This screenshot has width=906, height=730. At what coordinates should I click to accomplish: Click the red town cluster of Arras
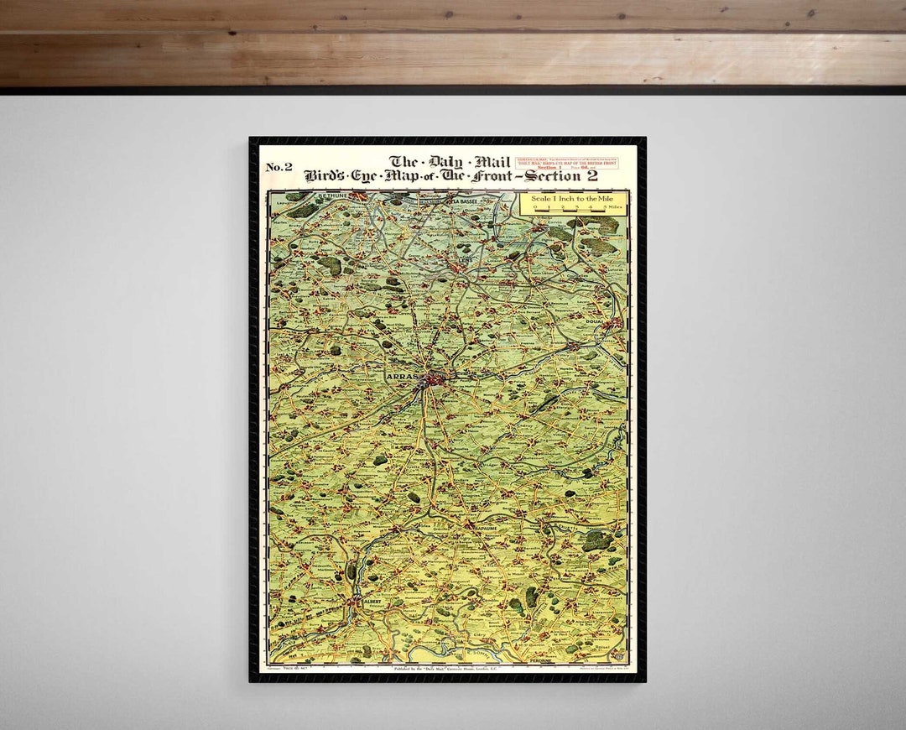coord(436,378)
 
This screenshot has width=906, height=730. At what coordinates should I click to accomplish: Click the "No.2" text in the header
coord(279,167)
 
